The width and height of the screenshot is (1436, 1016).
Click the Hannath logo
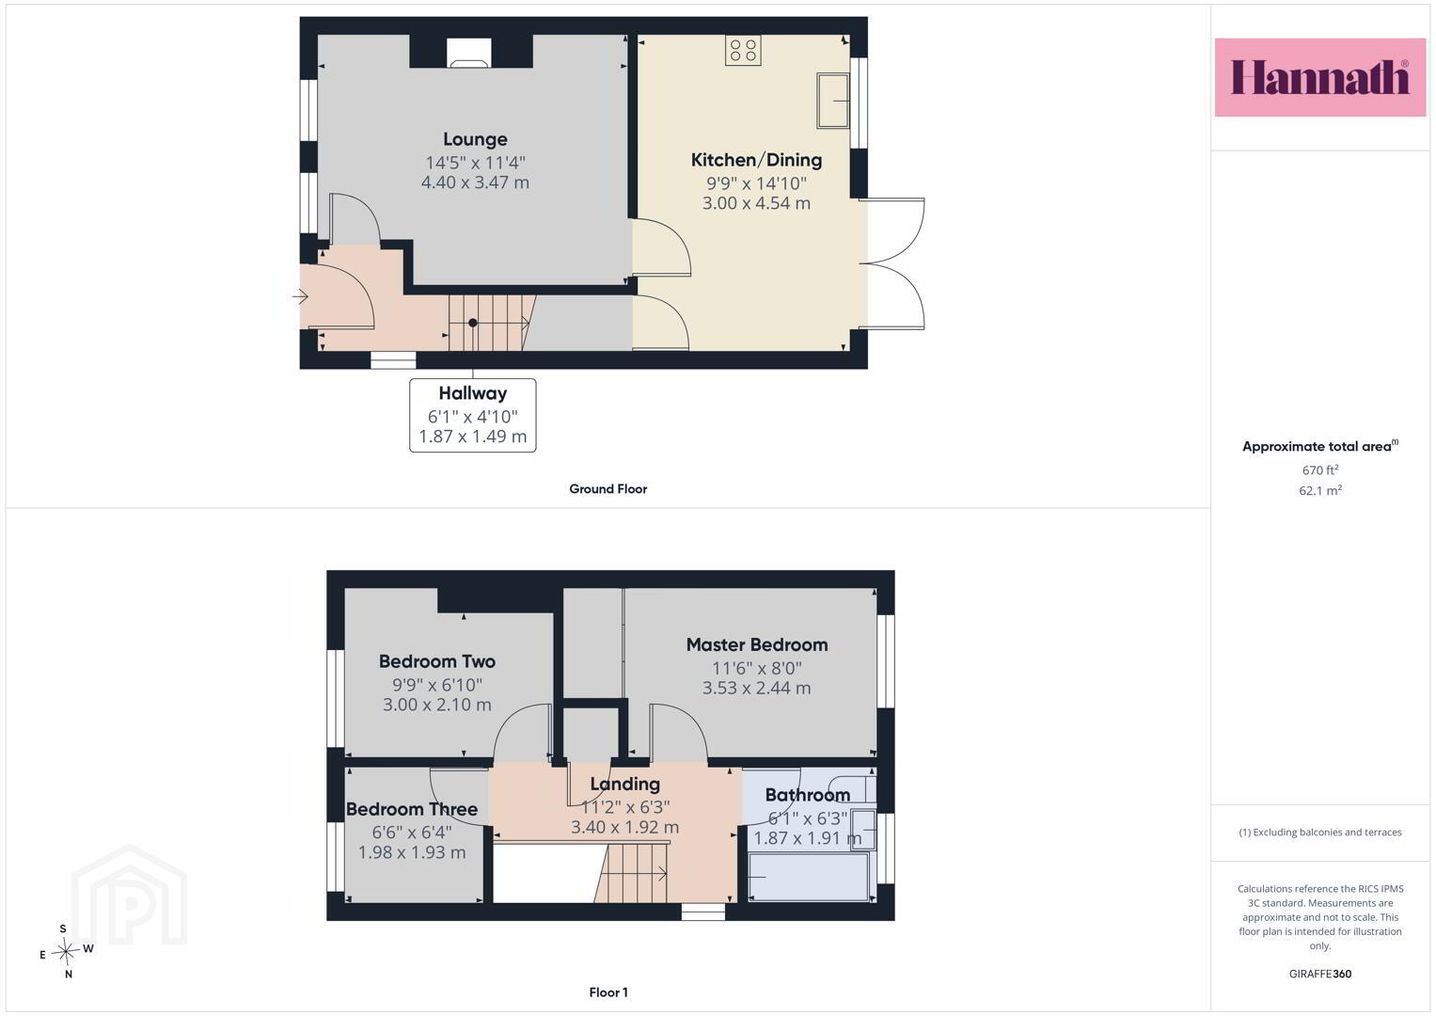pyautogui.click(x=1320, y=77)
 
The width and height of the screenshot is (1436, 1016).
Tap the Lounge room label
pyautogui.click(x=475, y=139)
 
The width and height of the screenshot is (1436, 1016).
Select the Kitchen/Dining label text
pyautogui.click(x=756, y=160)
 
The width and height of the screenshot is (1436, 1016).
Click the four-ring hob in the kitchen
pyautogui.click(x=743, y=50)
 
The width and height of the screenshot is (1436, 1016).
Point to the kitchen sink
pyautogui.click(x=833, y=100)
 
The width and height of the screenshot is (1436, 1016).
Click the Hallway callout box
pyautogui.click(x=472, y=415)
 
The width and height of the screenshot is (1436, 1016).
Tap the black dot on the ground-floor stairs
pyautogui.click(x=472, y=323)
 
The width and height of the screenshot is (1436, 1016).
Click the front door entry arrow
pyautogui.click(x=301, y=297)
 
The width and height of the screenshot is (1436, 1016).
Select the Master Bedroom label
pyautogui.click(x=757, y=644)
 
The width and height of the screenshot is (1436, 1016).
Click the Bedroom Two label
pyautogui.click(x=437, y=661)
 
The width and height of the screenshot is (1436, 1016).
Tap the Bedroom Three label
pyautogui.click(x=412, y=809)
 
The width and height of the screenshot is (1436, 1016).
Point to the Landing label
pyautogui.click(x=625, y=785)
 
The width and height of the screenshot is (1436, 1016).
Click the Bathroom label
pyautogui.click(x=808, y=795)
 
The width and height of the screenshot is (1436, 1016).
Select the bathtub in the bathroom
pyautogui.click(x=809, y=877)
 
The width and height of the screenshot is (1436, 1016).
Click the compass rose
pyautogui.click(x=66, y=950)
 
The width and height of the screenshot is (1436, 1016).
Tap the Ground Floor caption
pyautogui.click(x=608, y=489)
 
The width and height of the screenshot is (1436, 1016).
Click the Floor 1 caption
pyautogui.click(x=608, y=992)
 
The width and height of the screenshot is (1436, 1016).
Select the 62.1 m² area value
pyautogui.click(x=1320, y=490)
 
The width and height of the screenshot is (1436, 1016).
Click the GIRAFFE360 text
pyautogui.click(x=1320, y=974)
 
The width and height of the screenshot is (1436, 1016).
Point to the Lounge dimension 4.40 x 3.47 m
pyautogui.click(x=475, y=183)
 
